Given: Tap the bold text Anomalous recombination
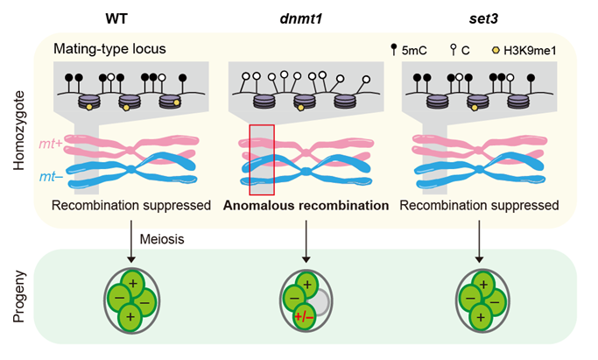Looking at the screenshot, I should pyautogui.click(x=306, y=208).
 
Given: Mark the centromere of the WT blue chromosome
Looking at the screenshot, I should pyautogui.click(x=132, y=168).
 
